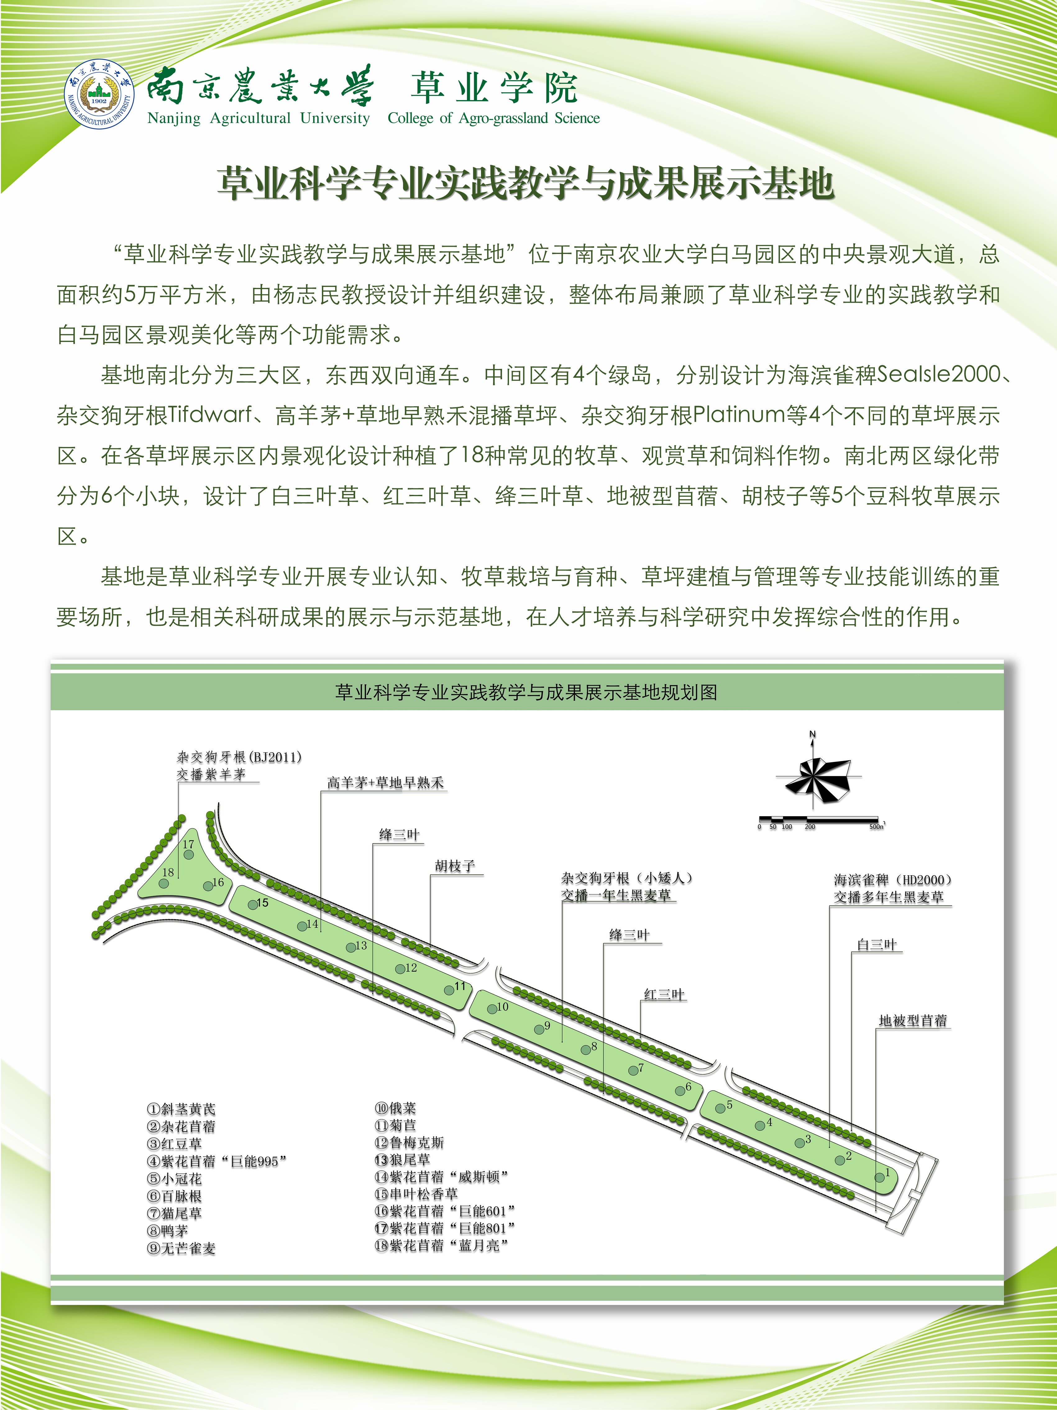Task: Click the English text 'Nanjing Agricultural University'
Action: coord(258,118)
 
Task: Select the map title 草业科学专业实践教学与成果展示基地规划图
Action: coord(526,692)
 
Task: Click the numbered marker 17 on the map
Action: coord(189,854)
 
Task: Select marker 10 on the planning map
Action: coord(492,1008)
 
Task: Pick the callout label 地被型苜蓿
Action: coord(913,1021)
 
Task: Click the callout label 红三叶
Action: coord(664,994)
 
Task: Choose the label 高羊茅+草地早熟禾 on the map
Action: coord(385,783)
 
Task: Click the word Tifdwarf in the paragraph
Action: coord(210,415)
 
